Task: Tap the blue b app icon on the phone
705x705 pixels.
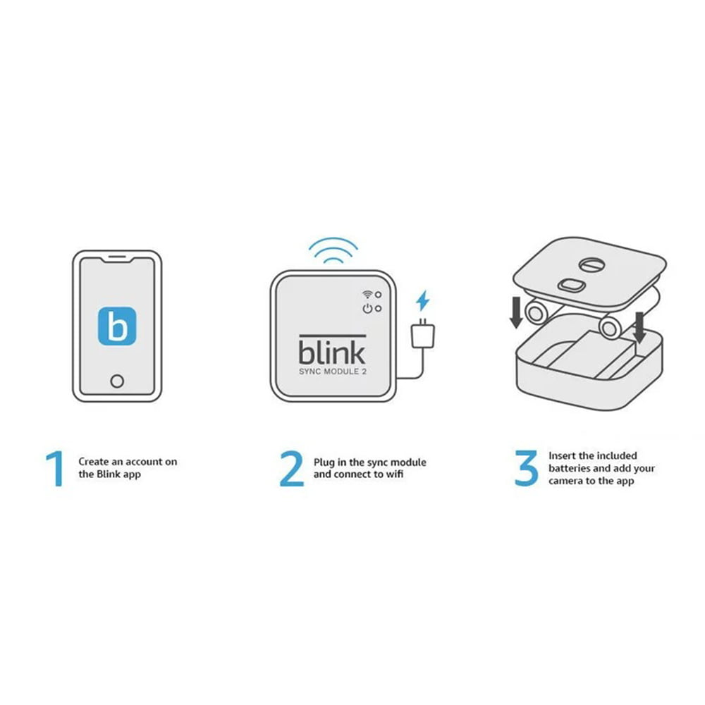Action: tap(117, 325)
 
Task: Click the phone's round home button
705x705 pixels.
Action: tap(117, 381)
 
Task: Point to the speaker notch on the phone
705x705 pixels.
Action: tap(117, 259)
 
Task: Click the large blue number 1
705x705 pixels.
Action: tap(54, 469)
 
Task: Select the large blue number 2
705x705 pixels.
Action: tap(290, 469)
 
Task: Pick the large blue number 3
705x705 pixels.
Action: tap(526, 469)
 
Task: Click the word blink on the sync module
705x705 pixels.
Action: tap(331, 352)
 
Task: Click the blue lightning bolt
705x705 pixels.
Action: tap(422, 301)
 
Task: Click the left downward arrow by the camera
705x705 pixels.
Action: tap(516, 312)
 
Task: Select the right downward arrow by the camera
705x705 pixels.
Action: tap(639, 326)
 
